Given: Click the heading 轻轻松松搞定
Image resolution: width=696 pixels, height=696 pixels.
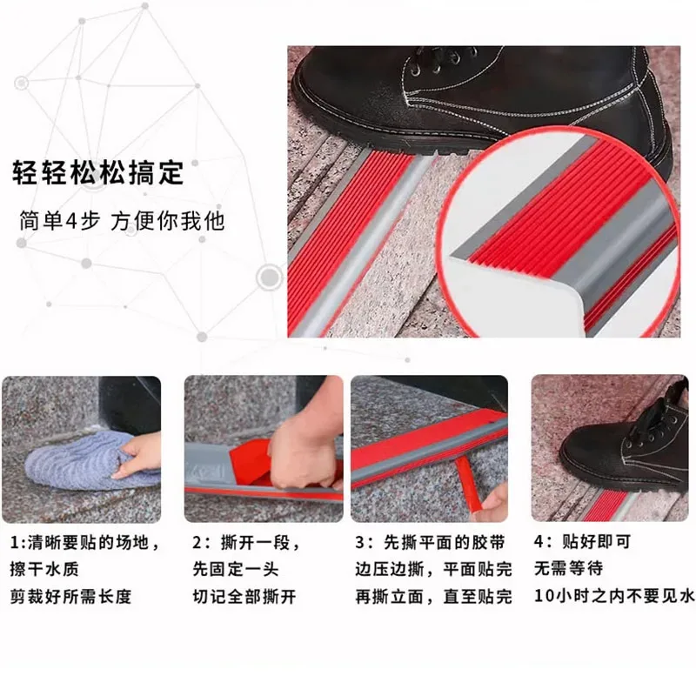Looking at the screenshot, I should coord(97,171).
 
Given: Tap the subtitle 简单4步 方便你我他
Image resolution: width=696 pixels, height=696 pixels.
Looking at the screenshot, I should coord(122,221).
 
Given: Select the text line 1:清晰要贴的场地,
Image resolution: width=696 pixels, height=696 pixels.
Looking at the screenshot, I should coord(85,544).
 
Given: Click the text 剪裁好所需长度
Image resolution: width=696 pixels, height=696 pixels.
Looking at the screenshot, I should coord(71,598).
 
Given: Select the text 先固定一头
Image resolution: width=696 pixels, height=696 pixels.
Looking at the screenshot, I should coord(233,571).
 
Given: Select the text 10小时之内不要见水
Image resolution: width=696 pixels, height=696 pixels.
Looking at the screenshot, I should coord(613,598).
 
